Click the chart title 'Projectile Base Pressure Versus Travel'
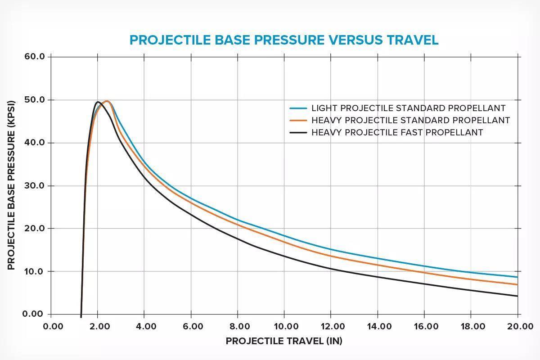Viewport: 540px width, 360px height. coord(283,40)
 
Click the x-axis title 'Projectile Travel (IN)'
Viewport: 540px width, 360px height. coord(284,341)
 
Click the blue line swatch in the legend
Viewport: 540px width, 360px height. coord(298,108)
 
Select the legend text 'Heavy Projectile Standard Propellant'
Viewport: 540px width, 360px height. coord(410,121)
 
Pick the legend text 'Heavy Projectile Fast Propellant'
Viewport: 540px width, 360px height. coord(397,133)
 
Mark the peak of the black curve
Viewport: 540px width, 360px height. coord(98,102)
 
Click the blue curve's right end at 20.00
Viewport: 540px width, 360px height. coord(517,277)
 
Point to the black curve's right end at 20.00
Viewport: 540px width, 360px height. coord(517,296)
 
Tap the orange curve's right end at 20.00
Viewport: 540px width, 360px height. coord(517,284)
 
